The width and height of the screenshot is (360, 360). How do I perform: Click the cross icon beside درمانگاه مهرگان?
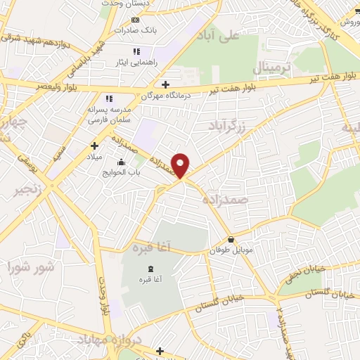[165, 84]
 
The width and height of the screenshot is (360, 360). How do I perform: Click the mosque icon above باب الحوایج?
[123, 162]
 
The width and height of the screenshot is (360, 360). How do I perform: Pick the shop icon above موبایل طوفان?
[231, 240]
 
